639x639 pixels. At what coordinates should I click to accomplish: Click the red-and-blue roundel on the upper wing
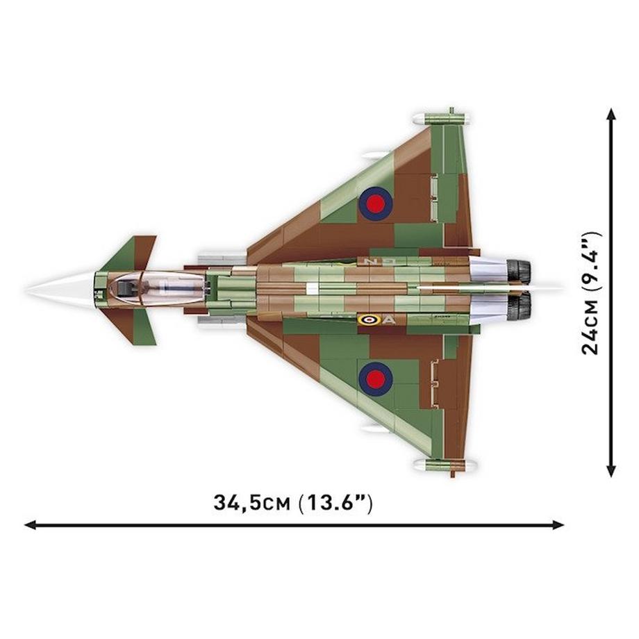[376, 203]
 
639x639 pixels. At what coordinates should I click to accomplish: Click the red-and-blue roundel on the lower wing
[376, 378]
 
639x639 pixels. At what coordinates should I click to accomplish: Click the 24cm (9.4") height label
[591, 292]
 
